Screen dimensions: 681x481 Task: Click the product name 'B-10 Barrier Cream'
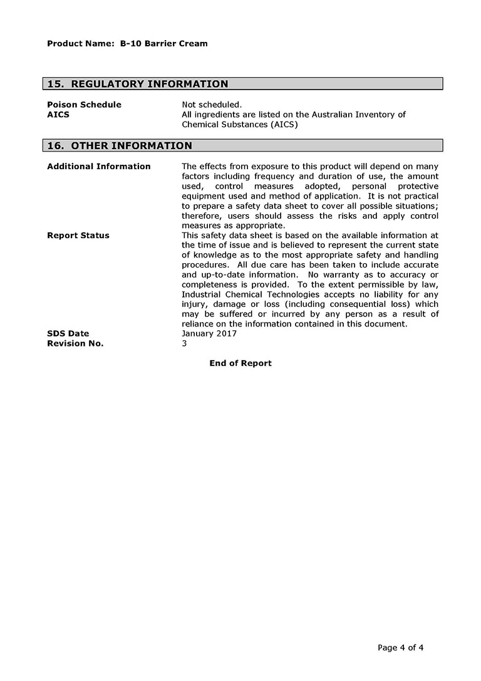tap(163, 44)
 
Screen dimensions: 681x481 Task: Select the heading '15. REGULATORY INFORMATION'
tap(138, 84)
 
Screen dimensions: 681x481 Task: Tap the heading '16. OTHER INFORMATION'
tap(120, 146)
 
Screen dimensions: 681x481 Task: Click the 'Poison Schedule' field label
tap(84, 105)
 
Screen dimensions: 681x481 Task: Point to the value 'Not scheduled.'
tap(212, 105)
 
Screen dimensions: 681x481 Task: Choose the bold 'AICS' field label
tap(58, 115)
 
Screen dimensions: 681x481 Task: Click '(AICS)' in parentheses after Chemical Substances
tap(284, 125)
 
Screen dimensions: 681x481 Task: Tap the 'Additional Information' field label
tap(99, 167)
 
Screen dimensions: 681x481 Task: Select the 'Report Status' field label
tap(78, 236)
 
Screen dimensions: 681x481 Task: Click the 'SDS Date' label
tap(68, 334)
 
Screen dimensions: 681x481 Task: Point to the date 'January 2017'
tap(209, 334)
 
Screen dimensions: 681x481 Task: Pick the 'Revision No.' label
tap(75, 344)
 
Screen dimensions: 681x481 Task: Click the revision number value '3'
tap(184, 344)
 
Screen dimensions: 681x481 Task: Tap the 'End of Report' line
tap(240, 363)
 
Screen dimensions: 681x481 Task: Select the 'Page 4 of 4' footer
tap(401, 648)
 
